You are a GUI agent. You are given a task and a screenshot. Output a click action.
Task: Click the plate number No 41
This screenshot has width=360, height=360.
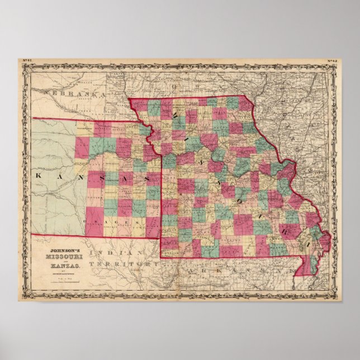[26, 61]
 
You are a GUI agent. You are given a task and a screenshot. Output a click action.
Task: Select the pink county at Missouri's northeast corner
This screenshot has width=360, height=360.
[245, 105]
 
